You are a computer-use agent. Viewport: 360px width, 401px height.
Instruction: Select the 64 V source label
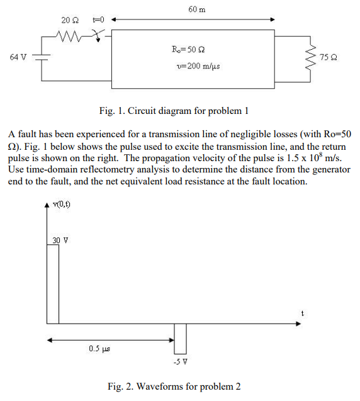(x=19, y=57)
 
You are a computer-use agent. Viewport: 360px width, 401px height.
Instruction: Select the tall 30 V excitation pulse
(x=53, y=283)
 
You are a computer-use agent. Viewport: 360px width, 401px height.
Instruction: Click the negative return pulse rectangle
(x=180, y=338)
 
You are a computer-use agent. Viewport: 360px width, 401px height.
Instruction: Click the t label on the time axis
(x=302, y=312)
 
